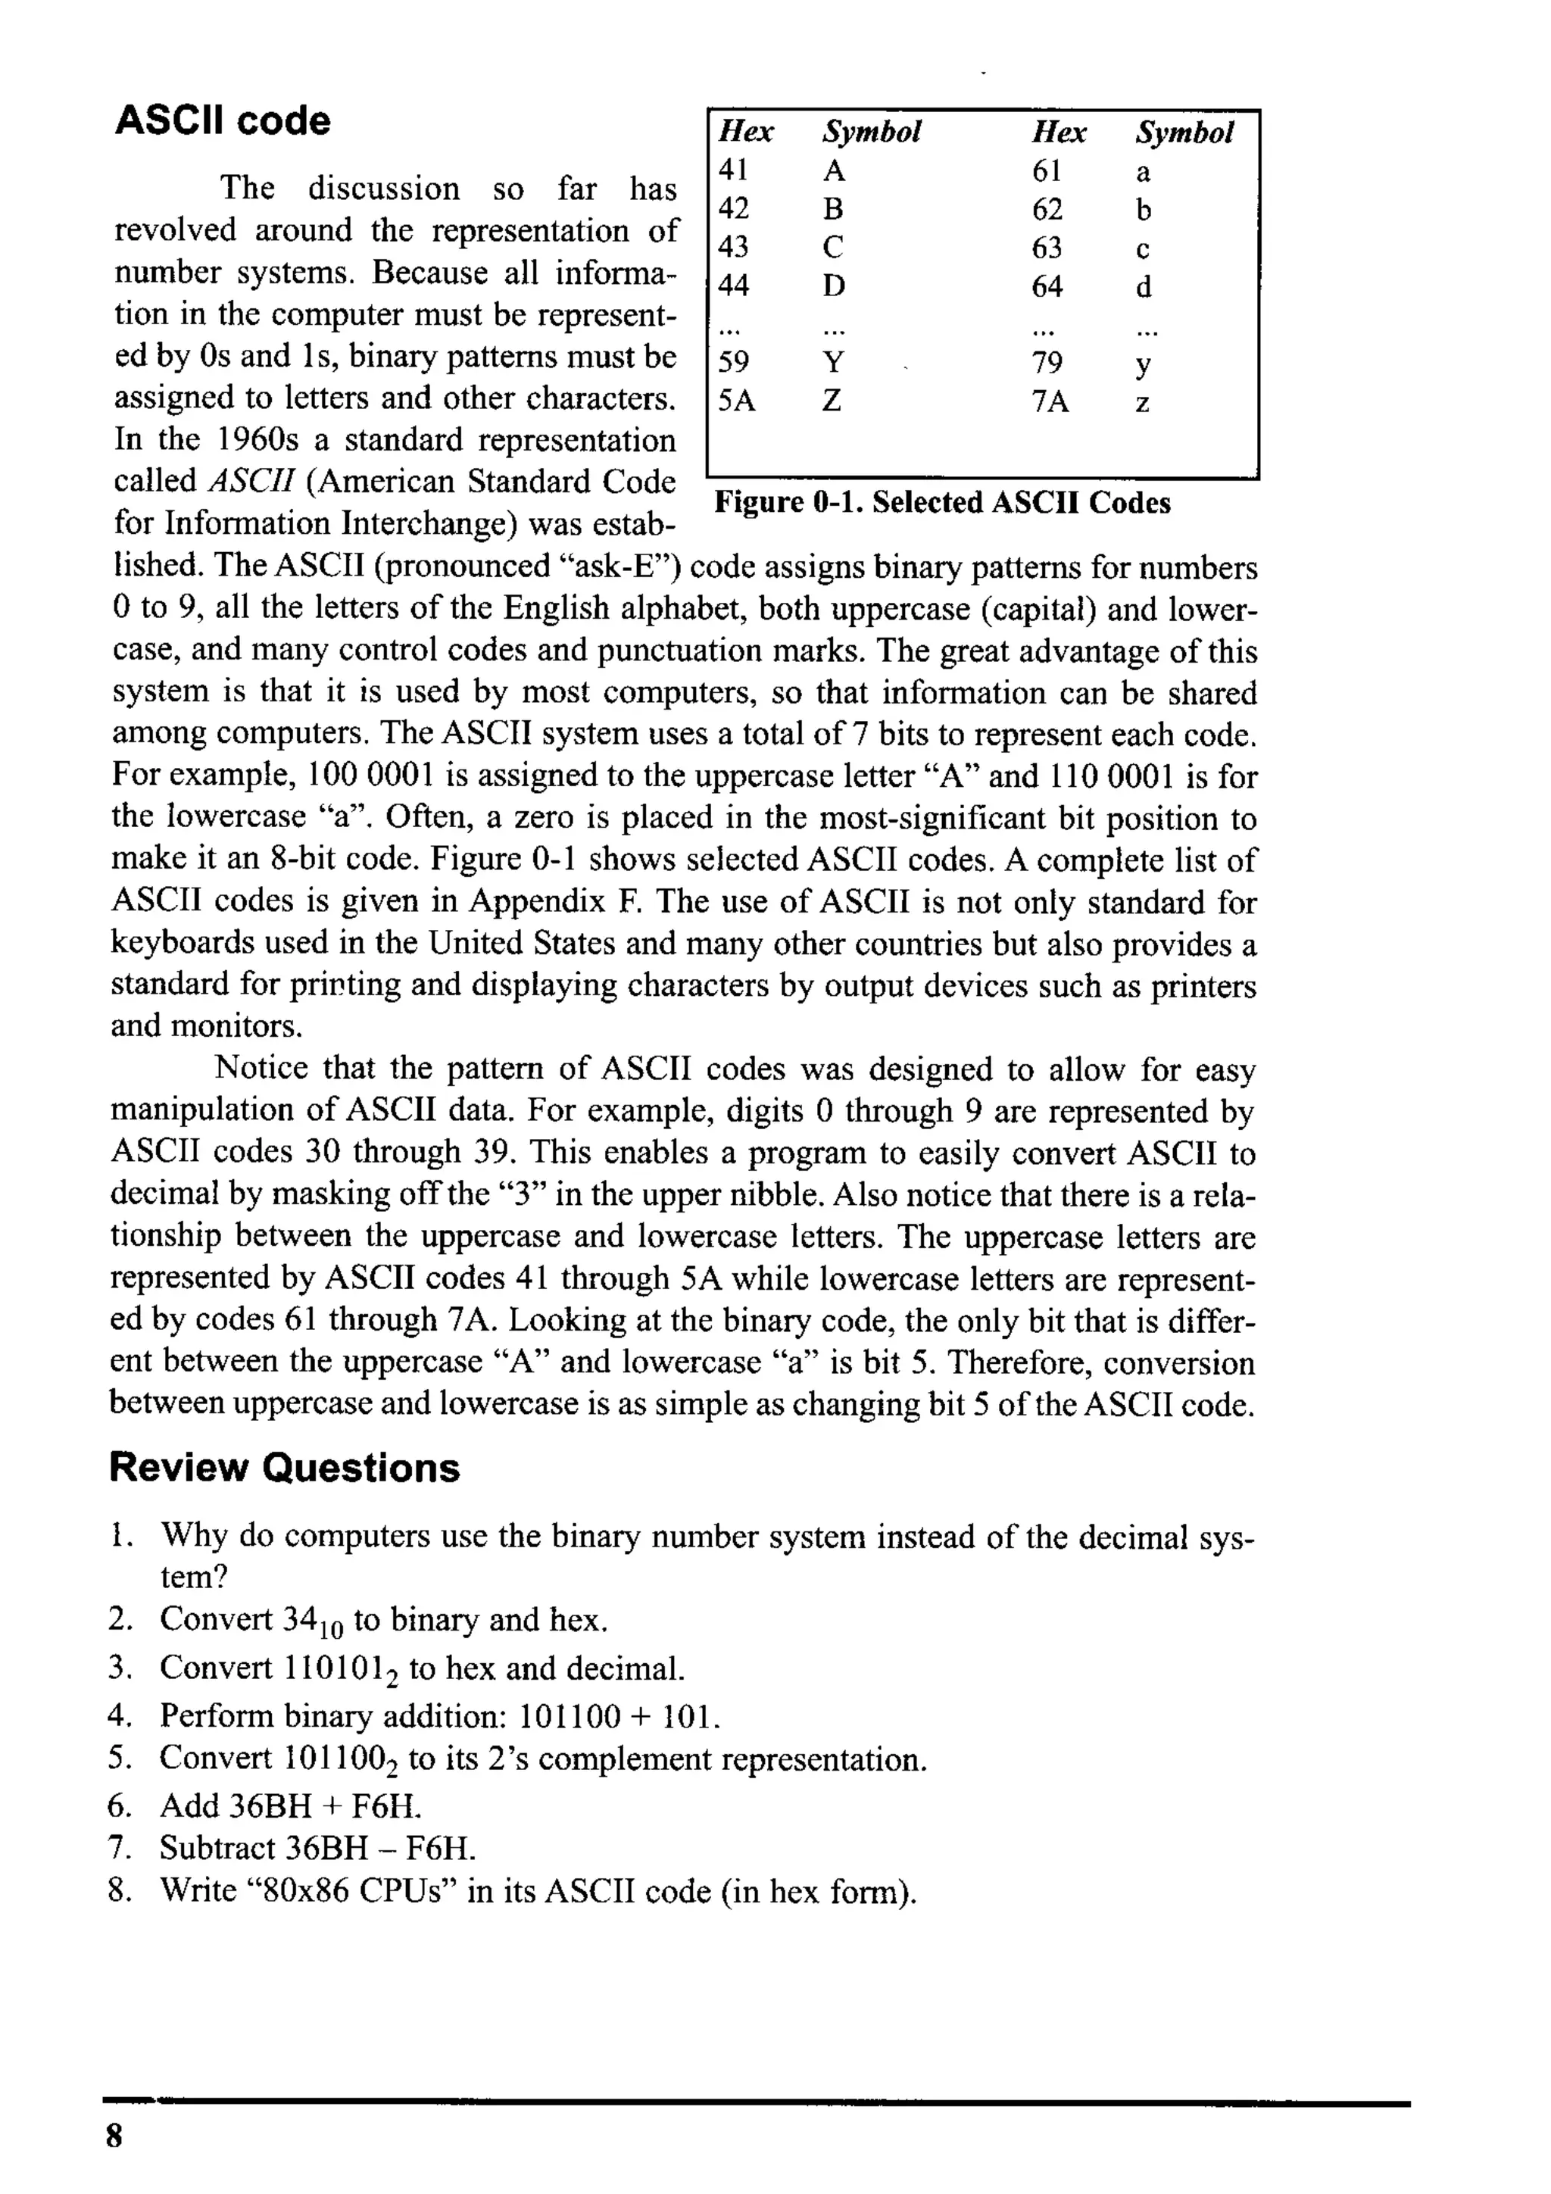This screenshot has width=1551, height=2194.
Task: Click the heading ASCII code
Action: tap(223, 121)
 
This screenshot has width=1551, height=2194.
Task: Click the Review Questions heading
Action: tap(284, 1468)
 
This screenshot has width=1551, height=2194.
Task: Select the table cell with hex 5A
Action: tap(736, 401)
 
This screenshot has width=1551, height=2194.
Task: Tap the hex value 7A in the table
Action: tap(1050, 401)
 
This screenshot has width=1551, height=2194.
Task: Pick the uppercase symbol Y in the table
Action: tap(833, 362)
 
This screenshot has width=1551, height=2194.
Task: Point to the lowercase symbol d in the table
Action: tap(1143, 287)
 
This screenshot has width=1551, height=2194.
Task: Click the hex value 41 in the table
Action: tap(733, 170)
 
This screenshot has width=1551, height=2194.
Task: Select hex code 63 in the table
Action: tap(1047, 248)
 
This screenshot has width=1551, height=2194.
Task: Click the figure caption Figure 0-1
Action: tap(942, 503)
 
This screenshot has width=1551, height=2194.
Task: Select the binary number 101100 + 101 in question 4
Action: tap(616, 1716)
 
